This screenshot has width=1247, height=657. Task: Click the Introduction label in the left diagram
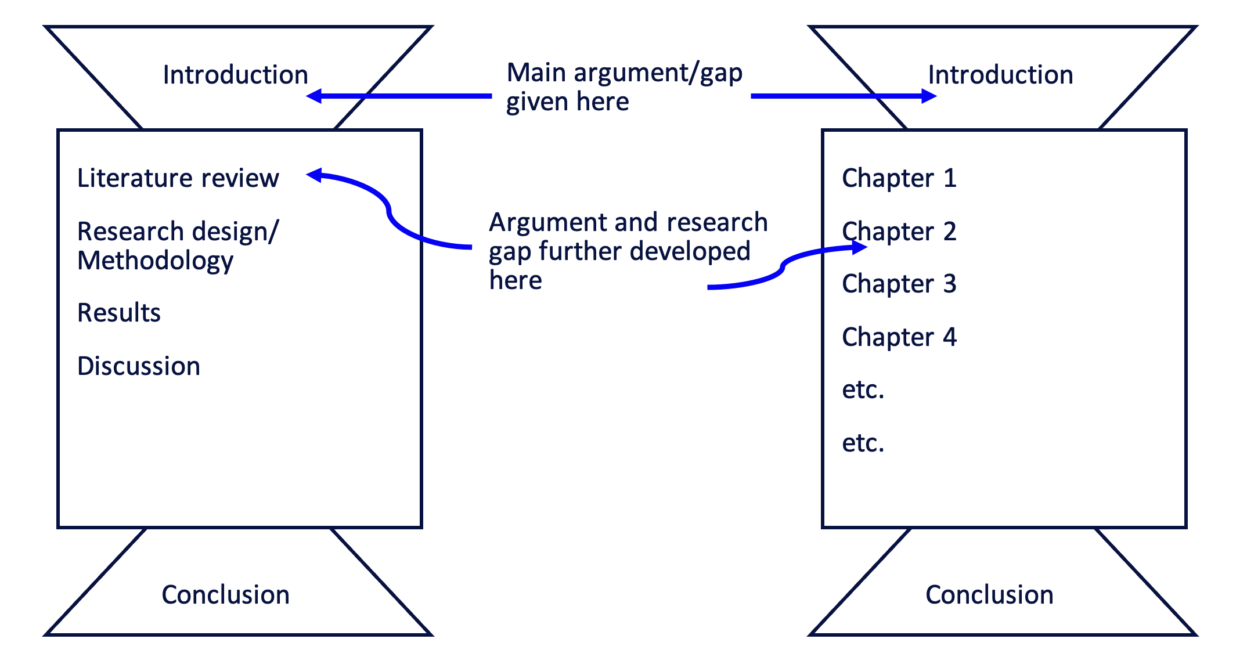click(235, 75)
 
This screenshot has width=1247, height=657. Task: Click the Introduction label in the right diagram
click(1000, 75)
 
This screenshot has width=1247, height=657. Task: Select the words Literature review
click(178, 178)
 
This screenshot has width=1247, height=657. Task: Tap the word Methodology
click(155, 261)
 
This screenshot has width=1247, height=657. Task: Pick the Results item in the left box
click(118, 313)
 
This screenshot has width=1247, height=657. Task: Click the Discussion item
click(138, 366)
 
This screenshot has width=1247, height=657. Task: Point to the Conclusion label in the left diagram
click(225, 595)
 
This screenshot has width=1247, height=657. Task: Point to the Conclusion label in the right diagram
click(989, 595)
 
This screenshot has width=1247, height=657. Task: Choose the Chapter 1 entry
click(899, 178)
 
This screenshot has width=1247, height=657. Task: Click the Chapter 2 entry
click(899, 232)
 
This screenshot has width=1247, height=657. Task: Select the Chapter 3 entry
click(899, 284)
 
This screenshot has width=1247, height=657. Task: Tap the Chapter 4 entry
click(899, 337)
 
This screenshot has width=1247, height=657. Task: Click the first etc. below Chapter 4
click(863, 390)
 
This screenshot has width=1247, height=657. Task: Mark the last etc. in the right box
click(863, 443)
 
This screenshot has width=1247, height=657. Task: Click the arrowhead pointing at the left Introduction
click(314, 96)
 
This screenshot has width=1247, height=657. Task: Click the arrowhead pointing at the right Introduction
click(929, 96)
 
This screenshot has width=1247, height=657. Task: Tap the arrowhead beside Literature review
click(314, 175)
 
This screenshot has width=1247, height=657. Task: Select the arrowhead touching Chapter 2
click(859, 248)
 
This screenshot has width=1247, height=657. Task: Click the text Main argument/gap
click(624, 73)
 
